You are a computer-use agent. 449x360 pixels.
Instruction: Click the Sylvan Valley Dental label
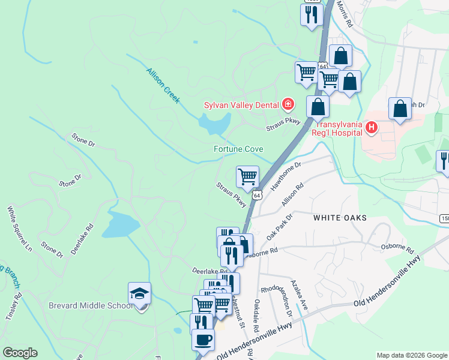(x=241, y=106)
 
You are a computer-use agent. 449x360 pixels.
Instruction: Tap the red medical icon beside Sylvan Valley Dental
(x=288, y=105)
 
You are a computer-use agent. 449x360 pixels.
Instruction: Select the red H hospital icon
(x=372, y=127)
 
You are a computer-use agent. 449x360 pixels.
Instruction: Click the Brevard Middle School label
(x=90, y=306)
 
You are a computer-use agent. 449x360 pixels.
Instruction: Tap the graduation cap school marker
(x=139, y=295)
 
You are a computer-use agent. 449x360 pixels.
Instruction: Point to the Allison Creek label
(x=163, y=85)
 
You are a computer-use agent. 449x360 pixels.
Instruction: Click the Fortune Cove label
(x=238, y=149)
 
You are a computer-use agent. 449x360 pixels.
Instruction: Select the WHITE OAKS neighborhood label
(x=340, y=218)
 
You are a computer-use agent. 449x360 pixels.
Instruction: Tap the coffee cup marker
(x=202, y=339)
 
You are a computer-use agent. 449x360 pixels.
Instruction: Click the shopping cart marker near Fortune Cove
(x=247, y=177)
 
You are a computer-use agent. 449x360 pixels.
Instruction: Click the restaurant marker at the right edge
(x=444, y=161)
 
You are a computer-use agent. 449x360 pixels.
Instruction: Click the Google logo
(x=19, y=353)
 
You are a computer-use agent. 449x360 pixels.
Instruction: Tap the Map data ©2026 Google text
(x=411, y=355)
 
